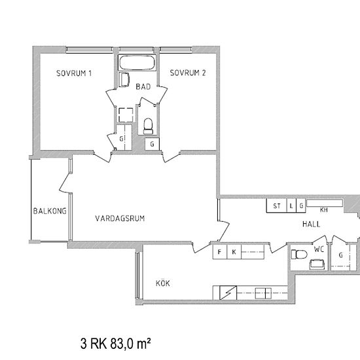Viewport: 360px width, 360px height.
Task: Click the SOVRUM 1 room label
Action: [x=74, y=73]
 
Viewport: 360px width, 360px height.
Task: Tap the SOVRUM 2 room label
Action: [x=188, y=73]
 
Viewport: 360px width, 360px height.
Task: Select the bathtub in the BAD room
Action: [x=137, y=63]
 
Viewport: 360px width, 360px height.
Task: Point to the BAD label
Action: [x=143, y=86]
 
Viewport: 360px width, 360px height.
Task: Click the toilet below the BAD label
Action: [x=148, y=126]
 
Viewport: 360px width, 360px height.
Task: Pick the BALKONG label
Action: [x=50, y=211]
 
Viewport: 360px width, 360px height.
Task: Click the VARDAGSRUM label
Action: [x=120, y=218]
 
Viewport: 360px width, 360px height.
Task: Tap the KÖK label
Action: [x=163, y=283]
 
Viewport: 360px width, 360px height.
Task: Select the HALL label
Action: [x=311, y=224]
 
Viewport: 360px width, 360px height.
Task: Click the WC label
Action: [x=319, y=249]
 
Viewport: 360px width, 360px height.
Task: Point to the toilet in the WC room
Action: [x=299, y=254]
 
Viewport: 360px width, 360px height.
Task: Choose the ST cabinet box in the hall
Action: [x=277, y=206]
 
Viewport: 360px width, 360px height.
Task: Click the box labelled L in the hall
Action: [x=291, y=206]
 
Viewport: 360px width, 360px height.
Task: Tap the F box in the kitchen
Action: [x=220, y=252]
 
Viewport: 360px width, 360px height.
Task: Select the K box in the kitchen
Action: [x=234, y=252]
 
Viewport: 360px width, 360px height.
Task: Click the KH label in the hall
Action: [x=324, y=209]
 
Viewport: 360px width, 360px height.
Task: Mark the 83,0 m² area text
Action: [x=131, y=344]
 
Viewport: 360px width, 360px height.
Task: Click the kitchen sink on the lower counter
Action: [x=263, y=293]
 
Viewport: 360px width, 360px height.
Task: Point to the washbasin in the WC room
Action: [x=317, y=264]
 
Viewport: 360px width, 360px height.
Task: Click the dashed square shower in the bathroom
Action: [x=126, y=115]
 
